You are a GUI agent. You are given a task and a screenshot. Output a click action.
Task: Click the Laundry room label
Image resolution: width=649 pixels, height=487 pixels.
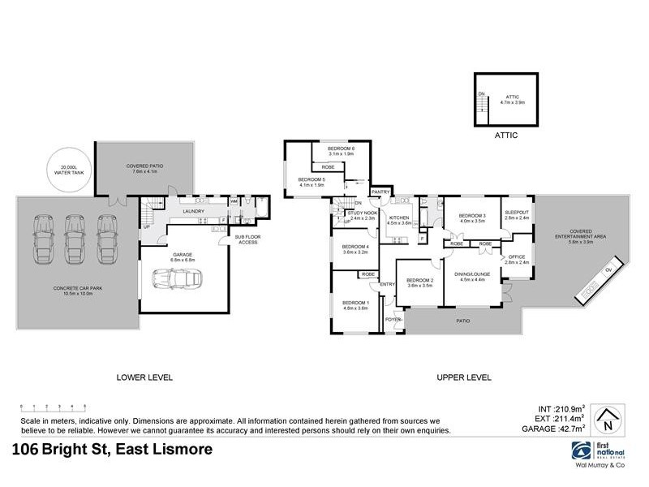[x=193, y=212]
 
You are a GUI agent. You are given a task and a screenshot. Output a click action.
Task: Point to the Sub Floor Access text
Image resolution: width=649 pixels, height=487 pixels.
[x=247, y=239]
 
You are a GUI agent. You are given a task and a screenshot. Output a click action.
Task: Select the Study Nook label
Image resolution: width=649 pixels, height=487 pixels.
[x=361, y=214]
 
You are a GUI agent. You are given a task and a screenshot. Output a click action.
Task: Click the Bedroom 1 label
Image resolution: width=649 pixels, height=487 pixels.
[x=355, y=305]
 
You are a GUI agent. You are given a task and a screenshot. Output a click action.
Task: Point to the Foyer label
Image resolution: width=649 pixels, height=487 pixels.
[x=393, y=320]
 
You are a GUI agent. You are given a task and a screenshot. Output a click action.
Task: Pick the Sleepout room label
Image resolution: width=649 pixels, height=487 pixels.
[x=516, y=215]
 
